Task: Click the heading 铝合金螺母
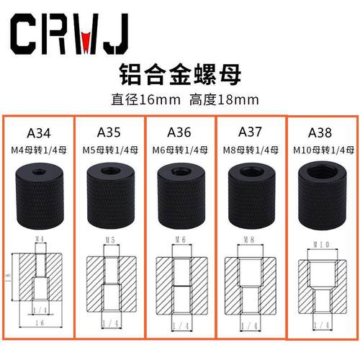(179, 73)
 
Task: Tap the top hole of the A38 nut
(319, 173)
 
